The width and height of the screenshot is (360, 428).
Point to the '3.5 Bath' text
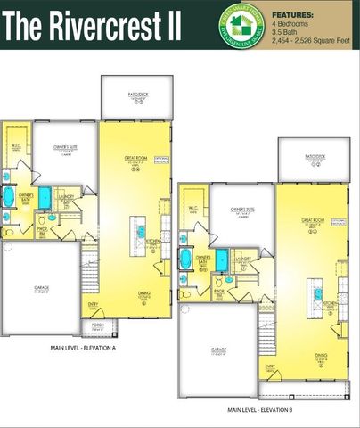click(286, 33)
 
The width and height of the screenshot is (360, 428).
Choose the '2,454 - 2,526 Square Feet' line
click(311, 41)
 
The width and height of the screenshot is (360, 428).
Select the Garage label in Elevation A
click(41, 286)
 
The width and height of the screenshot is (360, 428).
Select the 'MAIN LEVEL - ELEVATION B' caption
click(264, 409)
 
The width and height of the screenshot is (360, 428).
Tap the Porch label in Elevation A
click(98, 325)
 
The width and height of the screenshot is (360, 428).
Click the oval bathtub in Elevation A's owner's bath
click(9, 197)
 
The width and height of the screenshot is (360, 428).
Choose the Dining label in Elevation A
click(143, 292)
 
